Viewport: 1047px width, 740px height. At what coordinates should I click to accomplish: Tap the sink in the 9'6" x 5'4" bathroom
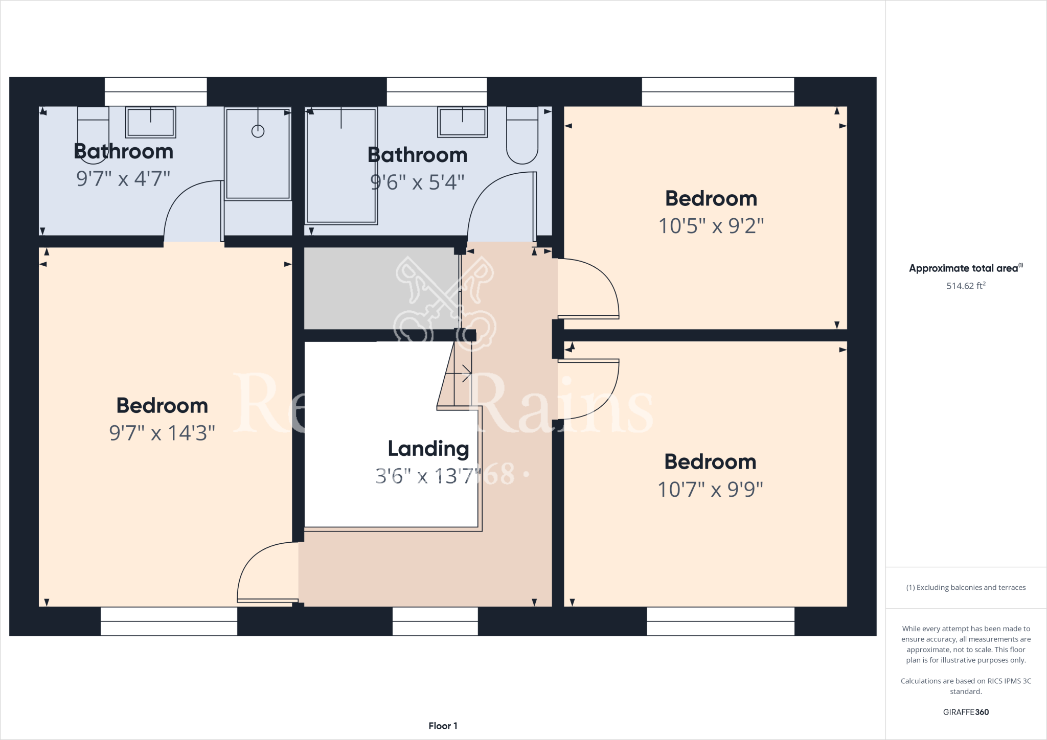[x=462, y=123]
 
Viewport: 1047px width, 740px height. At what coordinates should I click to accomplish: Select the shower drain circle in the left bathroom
[x=258, y=131]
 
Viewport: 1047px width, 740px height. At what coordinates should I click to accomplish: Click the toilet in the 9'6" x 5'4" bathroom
[x=522, y=135]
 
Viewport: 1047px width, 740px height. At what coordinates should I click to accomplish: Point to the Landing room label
[x=428, y=449]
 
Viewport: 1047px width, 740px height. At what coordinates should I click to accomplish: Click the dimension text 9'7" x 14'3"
[x=162, y=433]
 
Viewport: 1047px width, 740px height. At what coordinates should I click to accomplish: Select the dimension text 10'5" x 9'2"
[x=711, y=226]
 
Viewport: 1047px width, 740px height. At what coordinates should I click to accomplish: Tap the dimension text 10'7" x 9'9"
[x=710, y=489]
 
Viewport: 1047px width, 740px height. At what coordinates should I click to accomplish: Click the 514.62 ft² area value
[x=965, y=286]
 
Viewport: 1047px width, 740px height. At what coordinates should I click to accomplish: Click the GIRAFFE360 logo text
[x=966, y=712]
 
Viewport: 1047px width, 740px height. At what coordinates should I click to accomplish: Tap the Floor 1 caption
[x=443, y=726]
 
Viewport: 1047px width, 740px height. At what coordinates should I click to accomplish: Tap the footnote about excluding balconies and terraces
[x=966, y=588]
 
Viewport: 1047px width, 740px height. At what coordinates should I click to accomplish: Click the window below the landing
[x=435, y=621]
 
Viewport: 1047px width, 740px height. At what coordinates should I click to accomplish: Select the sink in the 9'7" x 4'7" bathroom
[x=150, y=123]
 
